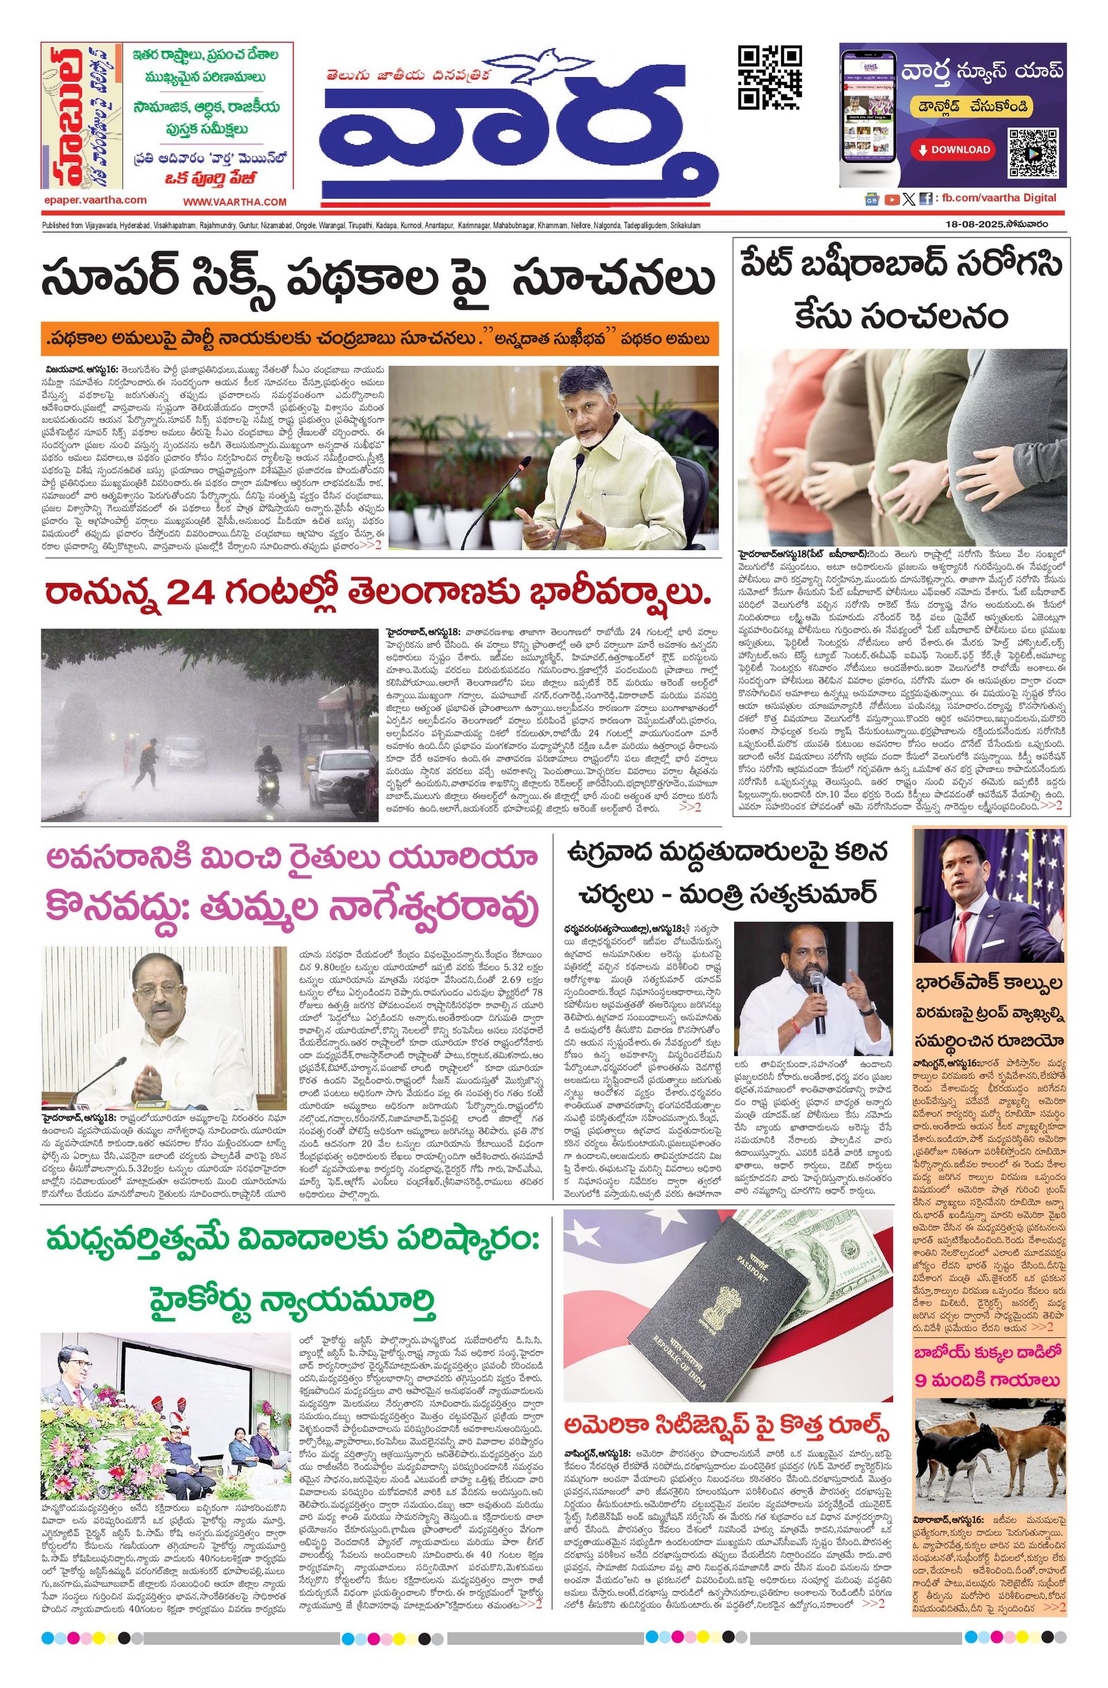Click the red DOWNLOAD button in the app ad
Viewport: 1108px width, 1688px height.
[x=954, y=150]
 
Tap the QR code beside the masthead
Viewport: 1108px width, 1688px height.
[x=769, y=78]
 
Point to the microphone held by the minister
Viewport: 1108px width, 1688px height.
[x=820, y=993]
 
